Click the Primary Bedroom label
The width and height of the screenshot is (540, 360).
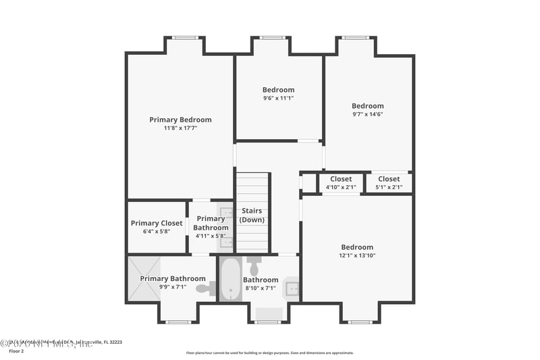pos(180,120)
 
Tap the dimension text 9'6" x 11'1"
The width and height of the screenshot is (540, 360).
pos(278,98)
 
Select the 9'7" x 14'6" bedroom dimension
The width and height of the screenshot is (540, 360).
pos(367,114)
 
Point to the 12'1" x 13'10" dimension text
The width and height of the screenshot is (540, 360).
pos(356,256)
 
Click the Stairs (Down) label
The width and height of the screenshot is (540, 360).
pos(251,215)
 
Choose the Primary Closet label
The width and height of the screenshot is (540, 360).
pos(157,223)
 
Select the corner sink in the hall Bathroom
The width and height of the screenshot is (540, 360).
pos(291,288)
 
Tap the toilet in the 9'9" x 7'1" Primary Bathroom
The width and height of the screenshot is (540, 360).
pos(205,289)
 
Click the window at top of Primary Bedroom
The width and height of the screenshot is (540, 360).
pos(184,38)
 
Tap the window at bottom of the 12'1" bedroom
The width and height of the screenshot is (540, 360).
pos(359,322)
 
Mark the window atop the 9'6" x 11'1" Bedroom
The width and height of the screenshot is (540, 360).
pos(271,38)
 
